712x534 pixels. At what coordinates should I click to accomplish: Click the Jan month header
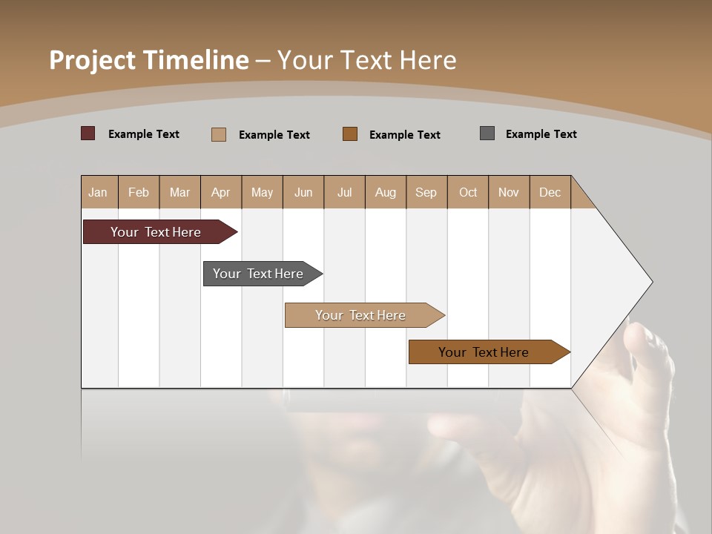(98, 192)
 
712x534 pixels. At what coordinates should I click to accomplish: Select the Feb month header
(139, 192)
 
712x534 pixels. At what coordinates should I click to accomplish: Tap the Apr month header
(221, 192)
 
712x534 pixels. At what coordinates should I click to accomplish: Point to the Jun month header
(303, 192)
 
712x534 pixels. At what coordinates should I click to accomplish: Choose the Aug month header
(386, 192)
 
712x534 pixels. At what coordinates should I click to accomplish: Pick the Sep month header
(426, 192)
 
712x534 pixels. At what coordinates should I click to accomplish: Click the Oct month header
(468, 192)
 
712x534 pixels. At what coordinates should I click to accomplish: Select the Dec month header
(550, 192)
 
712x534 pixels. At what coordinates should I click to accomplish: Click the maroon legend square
(88, 133)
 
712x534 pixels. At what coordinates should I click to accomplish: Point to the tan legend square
(219, 134)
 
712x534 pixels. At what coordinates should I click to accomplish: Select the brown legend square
(350, 133)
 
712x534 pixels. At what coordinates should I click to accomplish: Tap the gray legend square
(487, 133)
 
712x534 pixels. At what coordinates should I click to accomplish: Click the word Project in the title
(93, 60)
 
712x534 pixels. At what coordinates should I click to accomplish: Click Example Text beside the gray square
(541, 134)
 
